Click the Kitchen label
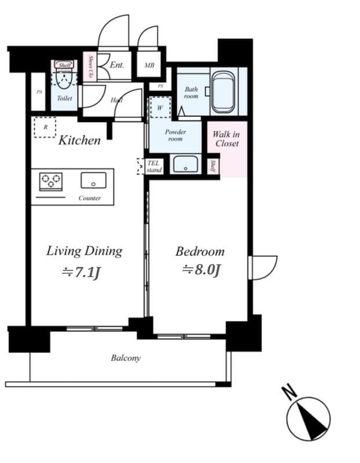79,140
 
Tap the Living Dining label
85,251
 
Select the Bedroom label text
200,252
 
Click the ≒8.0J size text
202,270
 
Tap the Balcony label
126,358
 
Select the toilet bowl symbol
64,79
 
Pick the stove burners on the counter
50,181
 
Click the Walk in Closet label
226,139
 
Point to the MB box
149,65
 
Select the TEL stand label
153,167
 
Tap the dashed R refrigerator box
45,127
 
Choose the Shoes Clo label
90,67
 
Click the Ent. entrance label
117,65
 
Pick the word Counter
90,198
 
